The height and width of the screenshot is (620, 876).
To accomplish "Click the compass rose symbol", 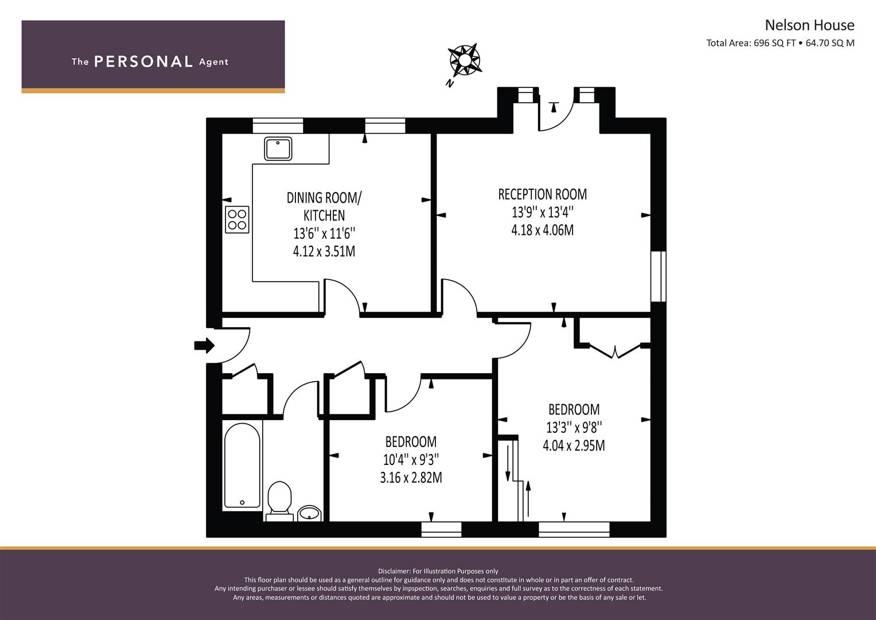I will pyautogui.click(x=464, y=60).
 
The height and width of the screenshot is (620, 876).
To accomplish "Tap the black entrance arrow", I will pyautogui.click(x=204, y=346).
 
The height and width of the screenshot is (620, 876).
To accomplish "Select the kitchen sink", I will pyautogui.click(x=278, y=148).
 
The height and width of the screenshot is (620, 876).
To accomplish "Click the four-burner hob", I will pyautogui.click(x=237, y=219).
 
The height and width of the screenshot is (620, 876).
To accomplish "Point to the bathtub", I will pyautogui.click(x=242, y=466).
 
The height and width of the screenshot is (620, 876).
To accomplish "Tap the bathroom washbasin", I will pyautogui.click(x=309, y=512).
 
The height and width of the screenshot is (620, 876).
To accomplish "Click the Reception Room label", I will pyautogui.click(x=542, y=194).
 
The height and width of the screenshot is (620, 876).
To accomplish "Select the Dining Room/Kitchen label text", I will pyautogui.click(x=324, y=206).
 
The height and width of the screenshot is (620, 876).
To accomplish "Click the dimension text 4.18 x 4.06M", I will pyautogui.click(x=542, y=230).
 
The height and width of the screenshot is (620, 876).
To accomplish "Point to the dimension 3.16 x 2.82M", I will pyautogui.click(x=411, y=478).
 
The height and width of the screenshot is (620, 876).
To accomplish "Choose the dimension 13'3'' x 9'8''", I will pyautogui.click(x=574, y=428).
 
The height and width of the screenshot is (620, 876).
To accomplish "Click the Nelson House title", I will pyautogui.click(x=809, y=25).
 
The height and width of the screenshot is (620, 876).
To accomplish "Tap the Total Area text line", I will pyautogui.click(x=780, y=43).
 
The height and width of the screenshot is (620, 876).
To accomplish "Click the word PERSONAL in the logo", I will pyautogui.click(x=143, y=62).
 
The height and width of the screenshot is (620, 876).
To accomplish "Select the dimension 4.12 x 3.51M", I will pyautogui.click(x=324, y=251).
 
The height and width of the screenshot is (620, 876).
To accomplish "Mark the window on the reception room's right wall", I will pyautogui.click(x=658, y=276).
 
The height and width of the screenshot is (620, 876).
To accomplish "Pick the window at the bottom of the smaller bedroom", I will pyautogui.click(x=441, y=529).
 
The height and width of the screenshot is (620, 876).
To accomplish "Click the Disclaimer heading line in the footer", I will pyautogui.click(x=438, y=571).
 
